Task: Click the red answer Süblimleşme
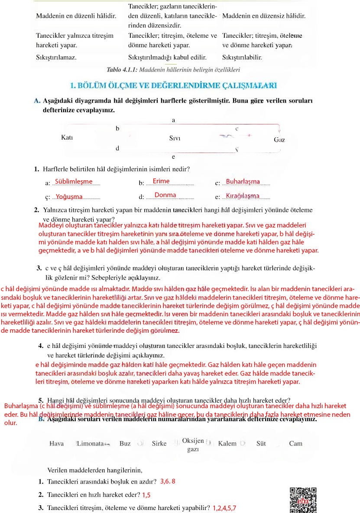[x=74, y=182]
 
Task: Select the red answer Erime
[x=161, y=181]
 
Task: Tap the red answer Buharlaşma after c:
[x=243, y=182]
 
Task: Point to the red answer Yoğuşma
[x=69, y=196]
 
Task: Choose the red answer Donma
[x=165, y=195]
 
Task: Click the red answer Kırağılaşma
[x=243, y=196]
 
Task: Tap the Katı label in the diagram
[x=67, y=137]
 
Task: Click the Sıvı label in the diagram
[x=175, y=138]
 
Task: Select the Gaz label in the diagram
[x=279, y=140]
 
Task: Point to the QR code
[x=303, y=500]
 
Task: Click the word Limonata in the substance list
[x=90, y=443]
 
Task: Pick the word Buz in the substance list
[x=125, y=443]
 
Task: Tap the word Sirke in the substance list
[x=159, y=443]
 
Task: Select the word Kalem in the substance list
[x=227, y=443]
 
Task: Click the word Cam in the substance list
[x=295, y=443]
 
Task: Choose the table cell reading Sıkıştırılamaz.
[x=56, y=57]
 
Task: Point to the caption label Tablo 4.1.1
[x=122, y=69]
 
